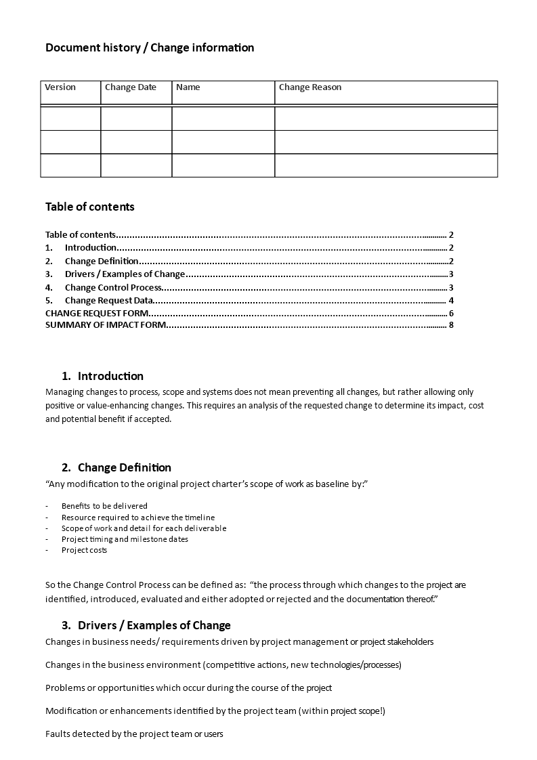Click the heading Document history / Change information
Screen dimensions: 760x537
click(x=150, y=47)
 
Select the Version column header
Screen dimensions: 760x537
click(x=60, y=87)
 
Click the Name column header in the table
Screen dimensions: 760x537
click(x=188, y=87)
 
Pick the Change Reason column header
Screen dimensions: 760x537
click(x=310, y=87)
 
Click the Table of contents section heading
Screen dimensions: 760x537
click(x=90, y=207)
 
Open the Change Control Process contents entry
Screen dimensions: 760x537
click(x=113, y=288)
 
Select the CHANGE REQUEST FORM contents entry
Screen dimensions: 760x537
click(x=95, y=313)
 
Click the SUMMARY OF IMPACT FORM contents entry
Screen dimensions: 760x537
click(x=105, y=325)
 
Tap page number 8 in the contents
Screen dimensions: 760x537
click(x=451, y=325)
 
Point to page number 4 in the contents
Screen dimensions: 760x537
click(x=451, y=301)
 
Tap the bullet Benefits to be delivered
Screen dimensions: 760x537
click(x=104, y=506)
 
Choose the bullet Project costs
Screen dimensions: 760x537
click(x=84, y=550)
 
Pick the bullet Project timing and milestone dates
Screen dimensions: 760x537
click(x=125, y=539)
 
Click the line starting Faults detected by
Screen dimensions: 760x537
click(x=134, y=734)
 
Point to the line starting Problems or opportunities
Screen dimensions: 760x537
click(x=188, y=688)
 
